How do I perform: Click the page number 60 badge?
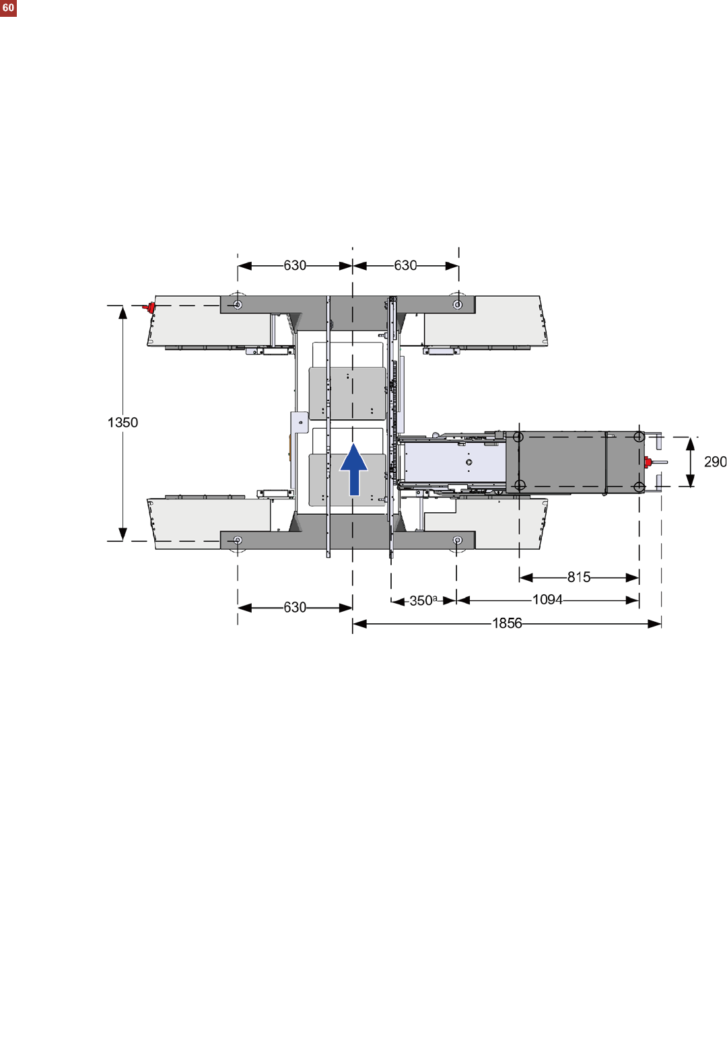coord(8,8)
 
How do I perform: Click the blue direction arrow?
coord(354,469)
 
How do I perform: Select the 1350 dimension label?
coord(123,423)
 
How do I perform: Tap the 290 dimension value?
coord(715,461)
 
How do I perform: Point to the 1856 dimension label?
coord(507,623)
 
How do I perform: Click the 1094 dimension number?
coord(547,600)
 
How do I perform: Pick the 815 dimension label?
coord(579,577)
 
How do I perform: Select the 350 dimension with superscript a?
coord(423,601)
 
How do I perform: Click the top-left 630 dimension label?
coord(295,265)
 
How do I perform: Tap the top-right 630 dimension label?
coord(405,265)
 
